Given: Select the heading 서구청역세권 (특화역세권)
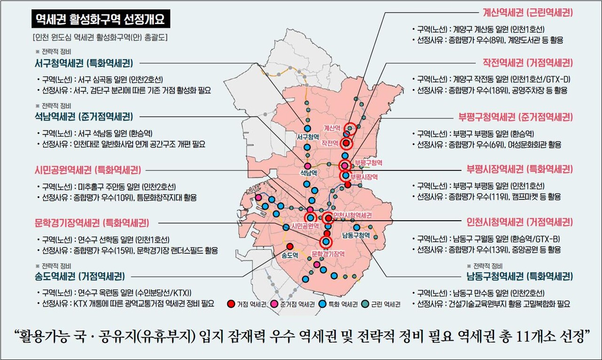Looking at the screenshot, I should (84, 63).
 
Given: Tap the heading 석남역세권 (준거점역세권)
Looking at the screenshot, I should (84, 116).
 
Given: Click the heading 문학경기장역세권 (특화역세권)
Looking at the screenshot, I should (92, 223).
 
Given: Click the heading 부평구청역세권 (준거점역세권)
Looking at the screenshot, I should (516, 116).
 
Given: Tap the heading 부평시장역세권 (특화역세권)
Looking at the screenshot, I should (520, 169).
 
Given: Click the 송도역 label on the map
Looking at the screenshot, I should (289, 256).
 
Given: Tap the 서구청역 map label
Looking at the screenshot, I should (308, 137).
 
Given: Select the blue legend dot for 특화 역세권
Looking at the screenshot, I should (321, 304).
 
